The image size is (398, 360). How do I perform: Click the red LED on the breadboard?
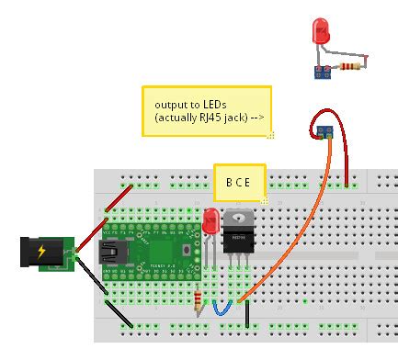210,220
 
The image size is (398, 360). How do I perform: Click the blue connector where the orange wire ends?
324,132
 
